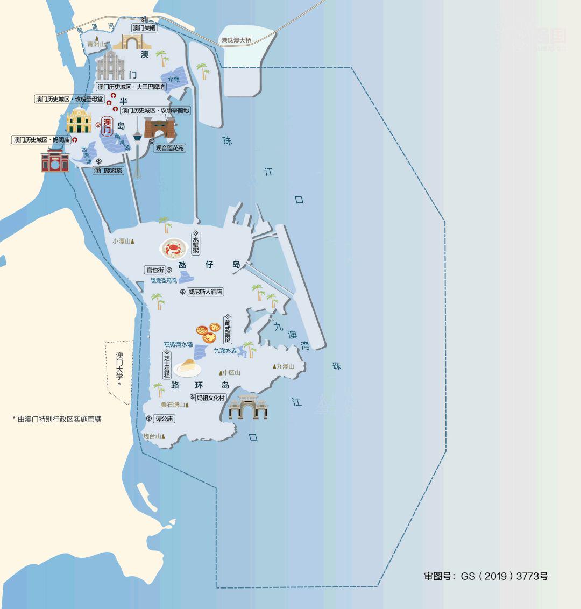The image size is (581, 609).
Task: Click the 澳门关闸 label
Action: pyautogui.click(x=144, y=27)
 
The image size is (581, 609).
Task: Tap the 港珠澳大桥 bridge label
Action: pyautogui.click(x=236, y=40)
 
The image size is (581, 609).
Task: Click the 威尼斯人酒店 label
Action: pyautogui.click(x=205, y=292)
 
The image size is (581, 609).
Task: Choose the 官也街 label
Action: pyautogui.click(x=155, y=270)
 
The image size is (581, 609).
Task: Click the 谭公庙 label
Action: pyautogui.click(x=164, y=419)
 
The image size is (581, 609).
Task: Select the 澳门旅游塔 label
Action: pyautogui.click(x=108, y=171)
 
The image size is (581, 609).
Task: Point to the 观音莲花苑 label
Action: pyautogui.click(x=169, y=147)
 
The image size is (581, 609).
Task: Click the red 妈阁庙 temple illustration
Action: pyautogui.click(x=55, y=160)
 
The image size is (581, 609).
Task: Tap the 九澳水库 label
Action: pyautogui.click(x=225, y=351)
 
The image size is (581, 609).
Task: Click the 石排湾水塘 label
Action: pyautogui.click(x=178, y=344)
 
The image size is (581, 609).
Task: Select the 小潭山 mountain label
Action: pyautogui.click(x=122, y=241)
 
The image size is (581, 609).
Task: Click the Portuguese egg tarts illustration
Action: pyautogui.click(x=207, y=332)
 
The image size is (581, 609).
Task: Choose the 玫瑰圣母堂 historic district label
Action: pyautogui.click(x=69, y=99)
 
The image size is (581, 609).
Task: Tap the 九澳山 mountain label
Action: pyautogui.click(x=286, y=366)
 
